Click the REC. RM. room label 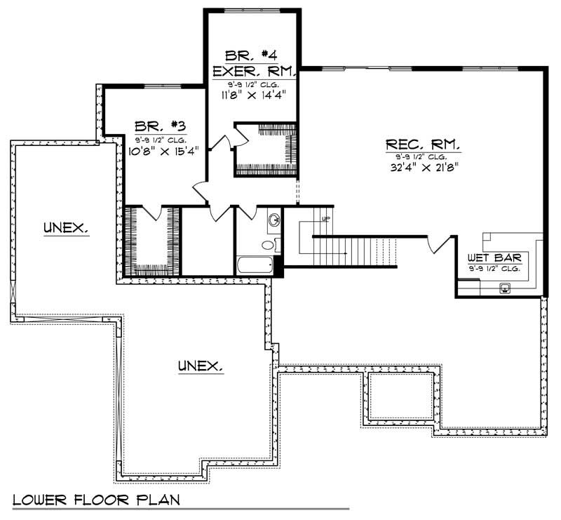(423, 145)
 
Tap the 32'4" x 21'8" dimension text (423, 168)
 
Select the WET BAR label (494, 258)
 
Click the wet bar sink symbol (505, 287)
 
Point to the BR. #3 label (160, 126)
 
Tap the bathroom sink (273, 220)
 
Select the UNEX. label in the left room (65, 227)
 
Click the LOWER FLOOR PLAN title (96, 500)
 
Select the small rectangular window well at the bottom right (400, 396)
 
